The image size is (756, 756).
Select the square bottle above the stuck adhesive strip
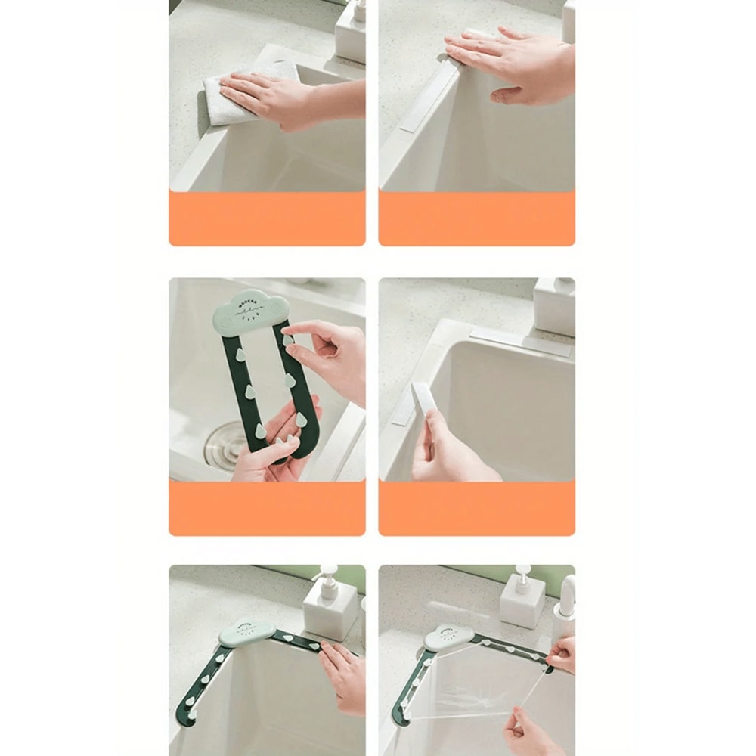(x=553, y=306)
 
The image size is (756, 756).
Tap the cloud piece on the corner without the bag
(x=245, y=632)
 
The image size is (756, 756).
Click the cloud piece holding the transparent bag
(x=449, y=637)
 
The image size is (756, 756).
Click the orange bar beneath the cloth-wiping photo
(x=267, y=218)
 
